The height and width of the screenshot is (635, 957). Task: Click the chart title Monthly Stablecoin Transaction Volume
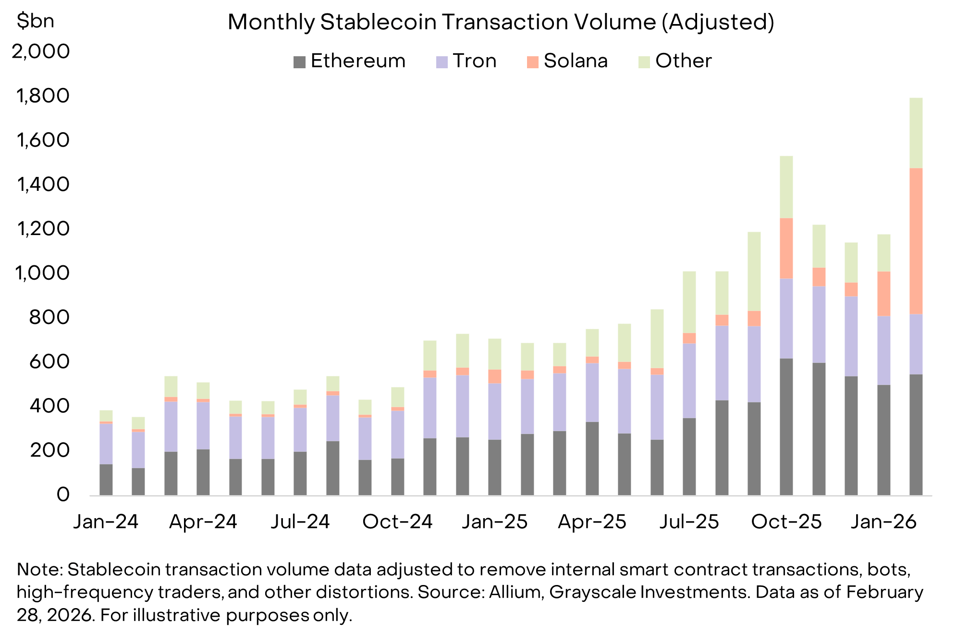(x=501, y=22)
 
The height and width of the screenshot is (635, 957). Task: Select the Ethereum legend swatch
(x=299, y=62)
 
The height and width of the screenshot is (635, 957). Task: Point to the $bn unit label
(x=35, y=21)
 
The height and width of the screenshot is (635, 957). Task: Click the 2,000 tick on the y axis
(x=41, y=51)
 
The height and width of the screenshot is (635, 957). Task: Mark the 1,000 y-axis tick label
(x=42, y=273)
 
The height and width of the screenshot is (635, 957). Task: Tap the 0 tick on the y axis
(x=62, y=495)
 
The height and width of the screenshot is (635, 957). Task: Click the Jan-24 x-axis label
(x=106, y=522)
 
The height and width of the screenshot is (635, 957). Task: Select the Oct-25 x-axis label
(x=786, y=522)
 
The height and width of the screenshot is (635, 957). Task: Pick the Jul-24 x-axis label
(x=300, y=522)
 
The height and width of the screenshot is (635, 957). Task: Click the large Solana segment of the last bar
(x=916, y=240)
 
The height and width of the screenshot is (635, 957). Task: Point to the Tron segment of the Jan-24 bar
(x=106, y=443)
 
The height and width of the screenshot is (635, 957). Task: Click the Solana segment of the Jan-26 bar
(x=883, y=293)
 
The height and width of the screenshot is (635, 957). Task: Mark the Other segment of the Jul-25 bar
(x=689, y=302)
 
